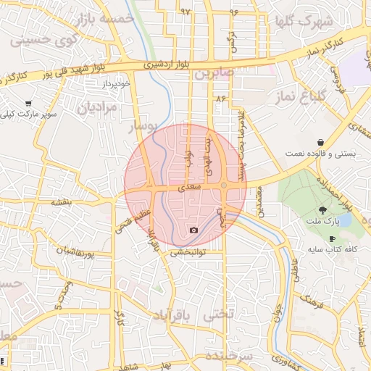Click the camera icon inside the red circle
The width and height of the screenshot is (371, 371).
(x=193, y=230)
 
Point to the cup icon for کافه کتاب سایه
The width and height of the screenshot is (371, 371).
(x=333, y=238)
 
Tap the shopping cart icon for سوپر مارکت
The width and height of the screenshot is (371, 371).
(x=28, y=104)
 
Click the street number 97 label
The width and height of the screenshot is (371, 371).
(x=185, y=12)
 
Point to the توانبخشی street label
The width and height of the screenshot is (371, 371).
(x=188, y=253)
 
